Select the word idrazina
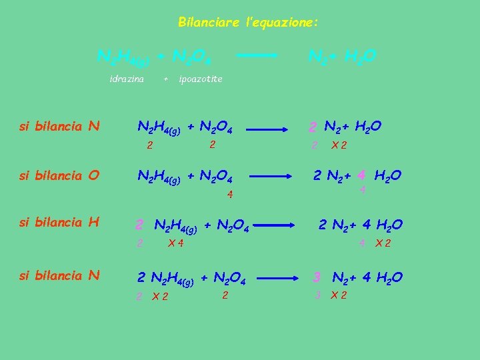127,79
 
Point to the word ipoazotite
201,79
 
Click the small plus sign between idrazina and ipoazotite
165,79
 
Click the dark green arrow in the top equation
258,56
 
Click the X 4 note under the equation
176,243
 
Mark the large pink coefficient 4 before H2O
361,176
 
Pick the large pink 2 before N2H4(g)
139,225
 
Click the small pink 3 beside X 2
318,295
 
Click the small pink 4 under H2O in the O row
363,190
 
